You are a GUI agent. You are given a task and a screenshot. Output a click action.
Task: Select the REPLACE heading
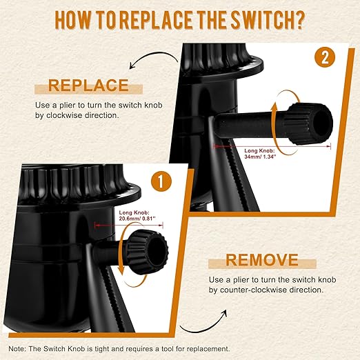click(x=88, y=86)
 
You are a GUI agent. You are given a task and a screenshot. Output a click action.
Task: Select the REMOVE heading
click(x=262, y=260)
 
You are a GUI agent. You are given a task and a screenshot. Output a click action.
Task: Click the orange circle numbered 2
click(x=325, y=59)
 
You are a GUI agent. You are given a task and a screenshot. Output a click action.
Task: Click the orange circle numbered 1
click(x=161, y=182)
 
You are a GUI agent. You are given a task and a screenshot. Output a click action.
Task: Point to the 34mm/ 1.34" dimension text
click(x=260, y=157)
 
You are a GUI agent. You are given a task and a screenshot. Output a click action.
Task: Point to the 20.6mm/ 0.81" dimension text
click(x=137, y=219)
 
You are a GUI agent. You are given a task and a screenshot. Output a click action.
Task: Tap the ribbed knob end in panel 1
click(x=148, y=248)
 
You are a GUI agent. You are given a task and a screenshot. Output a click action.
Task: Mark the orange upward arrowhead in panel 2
click(x=274, y=108)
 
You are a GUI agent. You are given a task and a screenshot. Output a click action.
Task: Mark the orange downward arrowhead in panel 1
click(x=121, y=272)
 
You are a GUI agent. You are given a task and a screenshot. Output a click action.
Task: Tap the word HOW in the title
click(x=72, y=20)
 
